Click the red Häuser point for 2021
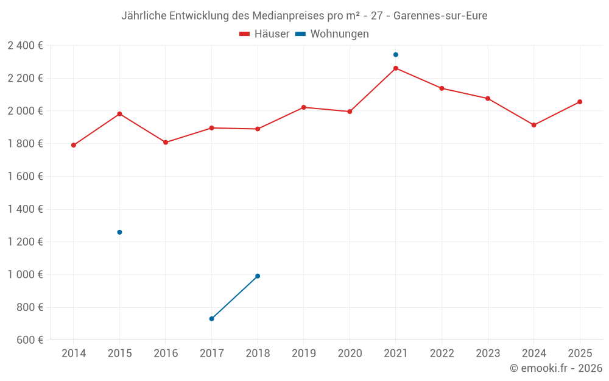(396, 68)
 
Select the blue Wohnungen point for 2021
(396, 55)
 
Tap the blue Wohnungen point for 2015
(119, 232)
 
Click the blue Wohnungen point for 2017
(211, 319)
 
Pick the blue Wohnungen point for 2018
(258, 276)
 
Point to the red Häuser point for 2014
(74, 145)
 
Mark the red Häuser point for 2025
(580, 102)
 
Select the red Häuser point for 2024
(533, 125)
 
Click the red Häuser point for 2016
(166, 143)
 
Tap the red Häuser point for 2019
(304, 107)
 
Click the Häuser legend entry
(264, 34)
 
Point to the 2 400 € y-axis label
(25, 45)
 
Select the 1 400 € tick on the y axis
(25, 209)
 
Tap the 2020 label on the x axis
(350, 354)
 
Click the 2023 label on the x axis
(488, 354)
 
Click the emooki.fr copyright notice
(555, 368)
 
